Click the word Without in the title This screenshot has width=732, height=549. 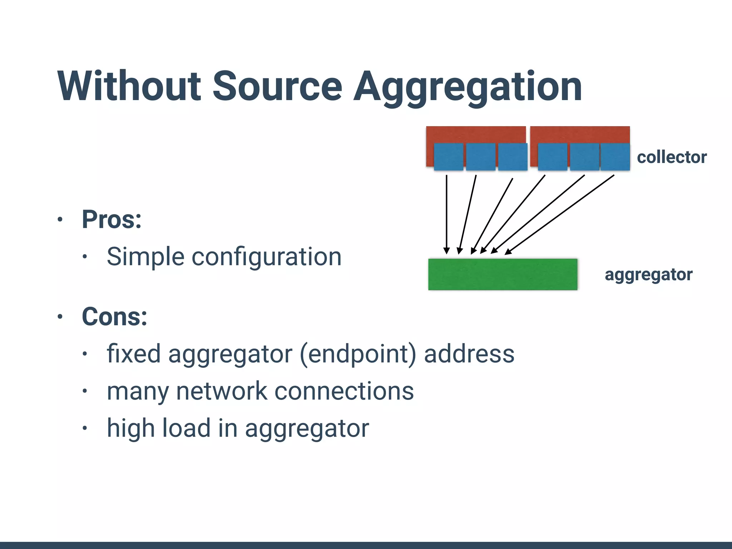point(129,86)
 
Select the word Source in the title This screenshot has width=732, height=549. point(277,86)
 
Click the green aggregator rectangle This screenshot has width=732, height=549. point(503,274)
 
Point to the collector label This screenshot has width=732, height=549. point(672,157)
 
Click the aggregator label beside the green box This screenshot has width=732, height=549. point(648,275)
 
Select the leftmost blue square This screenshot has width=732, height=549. point(448,157)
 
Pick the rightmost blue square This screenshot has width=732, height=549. point(615,157)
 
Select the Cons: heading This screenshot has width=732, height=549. point(114,316)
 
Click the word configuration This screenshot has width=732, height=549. point(267,257)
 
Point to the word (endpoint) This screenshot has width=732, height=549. point(358,354)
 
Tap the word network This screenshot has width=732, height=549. point(222,391)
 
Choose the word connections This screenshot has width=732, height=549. point(344,391)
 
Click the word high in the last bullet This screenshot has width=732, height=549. point(131,428)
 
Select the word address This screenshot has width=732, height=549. point(469,354)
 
